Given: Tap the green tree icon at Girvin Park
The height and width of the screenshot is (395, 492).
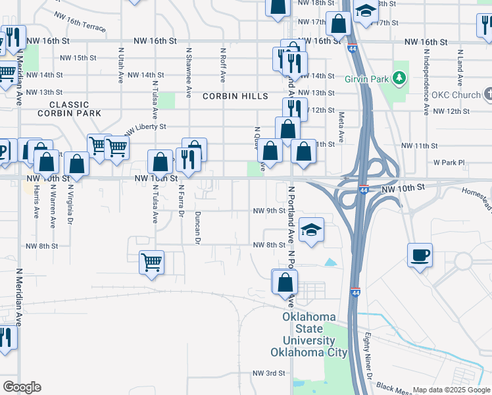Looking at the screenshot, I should pos(399,80).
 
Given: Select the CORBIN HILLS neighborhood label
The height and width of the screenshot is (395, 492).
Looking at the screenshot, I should pos(235,96).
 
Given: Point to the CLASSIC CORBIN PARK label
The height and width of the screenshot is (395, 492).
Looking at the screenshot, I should pos(69,109).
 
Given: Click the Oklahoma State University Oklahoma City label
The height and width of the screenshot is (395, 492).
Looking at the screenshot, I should pos(308,334).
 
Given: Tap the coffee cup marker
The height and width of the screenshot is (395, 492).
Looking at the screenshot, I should pos(420,254).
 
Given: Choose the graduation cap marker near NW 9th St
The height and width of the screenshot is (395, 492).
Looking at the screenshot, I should pos(311,229).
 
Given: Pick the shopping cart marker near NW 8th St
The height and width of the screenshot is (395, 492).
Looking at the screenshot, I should pos(151,263).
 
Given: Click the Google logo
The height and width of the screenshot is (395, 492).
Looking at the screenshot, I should pos(22,386).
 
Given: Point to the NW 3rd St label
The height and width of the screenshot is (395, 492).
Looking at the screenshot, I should pos(268,373).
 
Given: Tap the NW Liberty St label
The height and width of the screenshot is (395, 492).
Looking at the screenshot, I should pos(145,127).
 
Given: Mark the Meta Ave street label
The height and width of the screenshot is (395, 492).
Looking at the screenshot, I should pos(341,127).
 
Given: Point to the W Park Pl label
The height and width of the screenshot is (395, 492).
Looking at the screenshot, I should pos(449,162).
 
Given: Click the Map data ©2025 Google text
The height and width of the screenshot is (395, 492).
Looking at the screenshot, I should pos(451,390).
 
